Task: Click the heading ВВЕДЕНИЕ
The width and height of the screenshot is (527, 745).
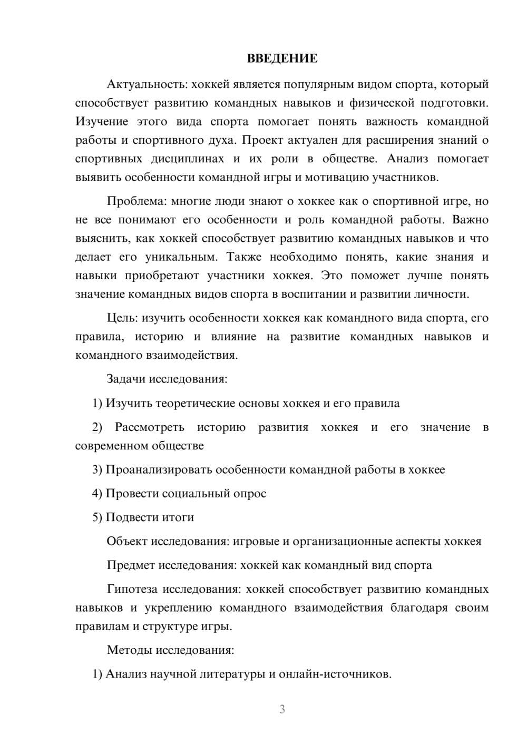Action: (282, 58)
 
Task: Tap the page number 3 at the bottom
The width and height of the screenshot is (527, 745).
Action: (282, 709)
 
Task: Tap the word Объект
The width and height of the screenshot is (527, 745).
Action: (127, 541)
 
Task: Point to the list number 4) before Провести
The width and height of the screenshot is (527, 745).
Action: (97, 494)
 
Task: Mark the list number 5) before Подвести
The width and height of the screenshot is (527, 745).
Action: (97, 517)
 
